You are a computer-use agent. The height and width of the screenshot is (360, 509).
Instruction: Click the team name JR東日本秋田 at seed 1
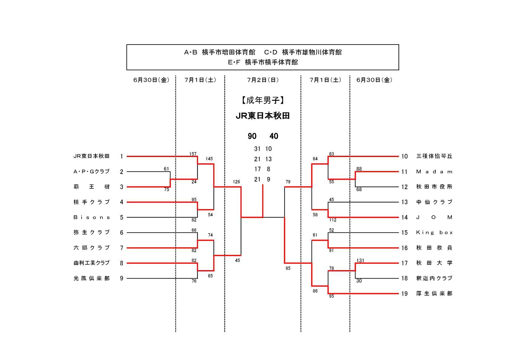[x=91, y=156]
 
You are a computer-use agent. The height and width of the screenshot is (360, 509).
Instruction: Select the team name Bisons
[x=91, y=217]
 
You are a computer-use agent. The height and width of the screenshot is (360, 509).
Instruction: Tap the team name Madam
[x=434, y=172]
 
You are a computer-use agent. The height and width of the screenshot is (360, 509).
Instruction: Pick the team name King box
[x=434, y=233]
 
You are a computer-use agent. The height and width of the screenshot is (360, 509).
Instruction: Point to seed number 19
[x=404, y=294]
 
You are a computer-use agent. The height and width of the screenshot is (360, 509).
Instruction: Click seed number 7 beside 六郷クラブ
[x=122, y=248]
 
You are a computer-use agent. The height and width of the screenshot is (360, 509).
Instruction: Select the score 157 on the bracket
[x=193, y=154]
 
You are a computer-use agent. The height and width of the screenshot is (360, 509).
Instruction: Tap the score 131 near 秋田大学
[x=360, y=260]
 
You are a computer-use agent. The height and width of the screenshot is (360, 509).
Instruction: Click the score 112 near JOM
[x=333, y=220]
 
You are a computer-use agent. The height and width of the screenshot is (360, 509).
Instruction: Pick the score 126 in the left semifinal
[x=236, y=182]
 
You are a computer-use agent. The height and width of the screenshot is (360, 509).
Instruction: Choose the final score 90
[x=252, y=136]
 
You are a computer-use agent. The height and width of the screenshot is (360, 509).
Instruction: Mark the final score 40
[x=274, y=136]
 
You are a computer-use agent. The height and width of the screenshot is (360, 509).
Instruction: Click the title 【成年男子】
[x=263, y=100]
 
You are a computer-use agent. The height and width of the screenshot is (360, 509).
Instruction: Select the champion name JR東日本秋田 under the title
[x=263, y=116]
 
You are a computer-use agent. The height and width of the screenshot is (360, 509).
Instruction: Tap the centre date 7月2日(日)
[x=263, y=80]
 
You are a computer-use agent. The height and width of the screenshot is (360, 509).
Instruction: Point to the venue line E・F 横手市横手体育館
[x=263, y=62]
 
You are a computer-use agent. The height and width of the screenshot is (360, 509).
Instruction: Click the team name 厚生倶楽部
[x=434, y=293]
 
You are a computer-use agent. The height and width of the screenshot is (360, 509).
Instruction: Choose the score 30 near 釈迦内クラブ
[x=359, y=281]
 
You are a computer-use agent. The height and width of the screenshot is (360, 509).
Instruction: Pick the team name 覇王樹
[x=91, y=187]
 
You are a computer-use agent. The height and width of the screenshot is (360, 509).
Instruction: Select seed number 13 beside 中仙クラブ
[x=404, y=202]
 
